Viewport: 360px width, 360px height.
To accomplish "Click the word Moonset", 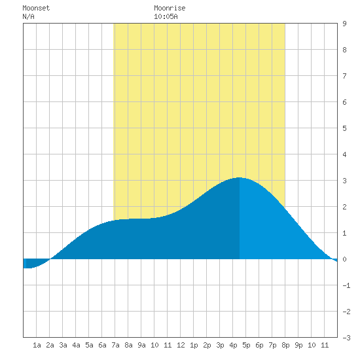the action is (36, 8).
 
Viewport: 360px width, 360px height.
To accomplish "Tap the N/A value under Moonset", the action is (28, 16).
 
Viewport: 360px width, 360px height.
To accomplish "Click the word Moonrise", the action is (170, 8).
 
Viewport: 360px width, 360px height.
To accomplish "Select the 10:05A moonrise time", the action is (166, 16).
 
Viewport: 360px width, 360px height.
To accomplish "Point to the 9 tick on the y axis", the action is (344, 24).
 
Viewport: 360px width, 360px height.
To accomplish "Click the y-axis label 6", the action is (344, 102).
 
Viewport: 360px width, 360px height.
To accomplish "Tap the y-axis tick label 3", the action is (344, 181).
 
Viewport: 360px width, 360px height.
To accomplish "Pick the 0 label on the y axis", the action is (344, 259).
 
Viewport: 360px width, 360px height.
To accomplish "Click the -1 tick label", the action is (346, 285).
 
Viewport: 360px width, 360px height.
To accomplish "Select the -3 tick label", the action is (346, 338).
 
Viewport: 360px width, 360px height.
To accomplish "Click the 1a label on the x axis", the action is (37, 345).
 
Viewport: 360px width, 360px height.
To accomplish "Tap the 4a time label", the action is (76, 345).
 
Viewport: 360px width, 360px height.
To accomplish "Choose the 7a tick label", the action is (115, 345).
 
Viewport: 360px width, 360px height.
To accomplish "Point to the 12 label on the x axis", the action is (181, 345).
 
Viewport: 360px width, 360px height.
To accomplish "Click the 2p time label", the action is (207, 345).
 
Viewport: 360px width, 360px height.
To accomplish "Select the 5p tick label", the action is (246, 345).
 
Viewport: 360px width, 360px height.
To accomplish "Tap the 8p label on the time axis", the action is (285, 345).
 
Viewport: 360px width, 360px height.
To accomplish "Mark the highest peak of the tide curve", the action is (239, 177).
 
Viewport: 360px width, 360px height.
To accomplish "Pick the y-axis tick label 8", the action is (344, 50).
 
